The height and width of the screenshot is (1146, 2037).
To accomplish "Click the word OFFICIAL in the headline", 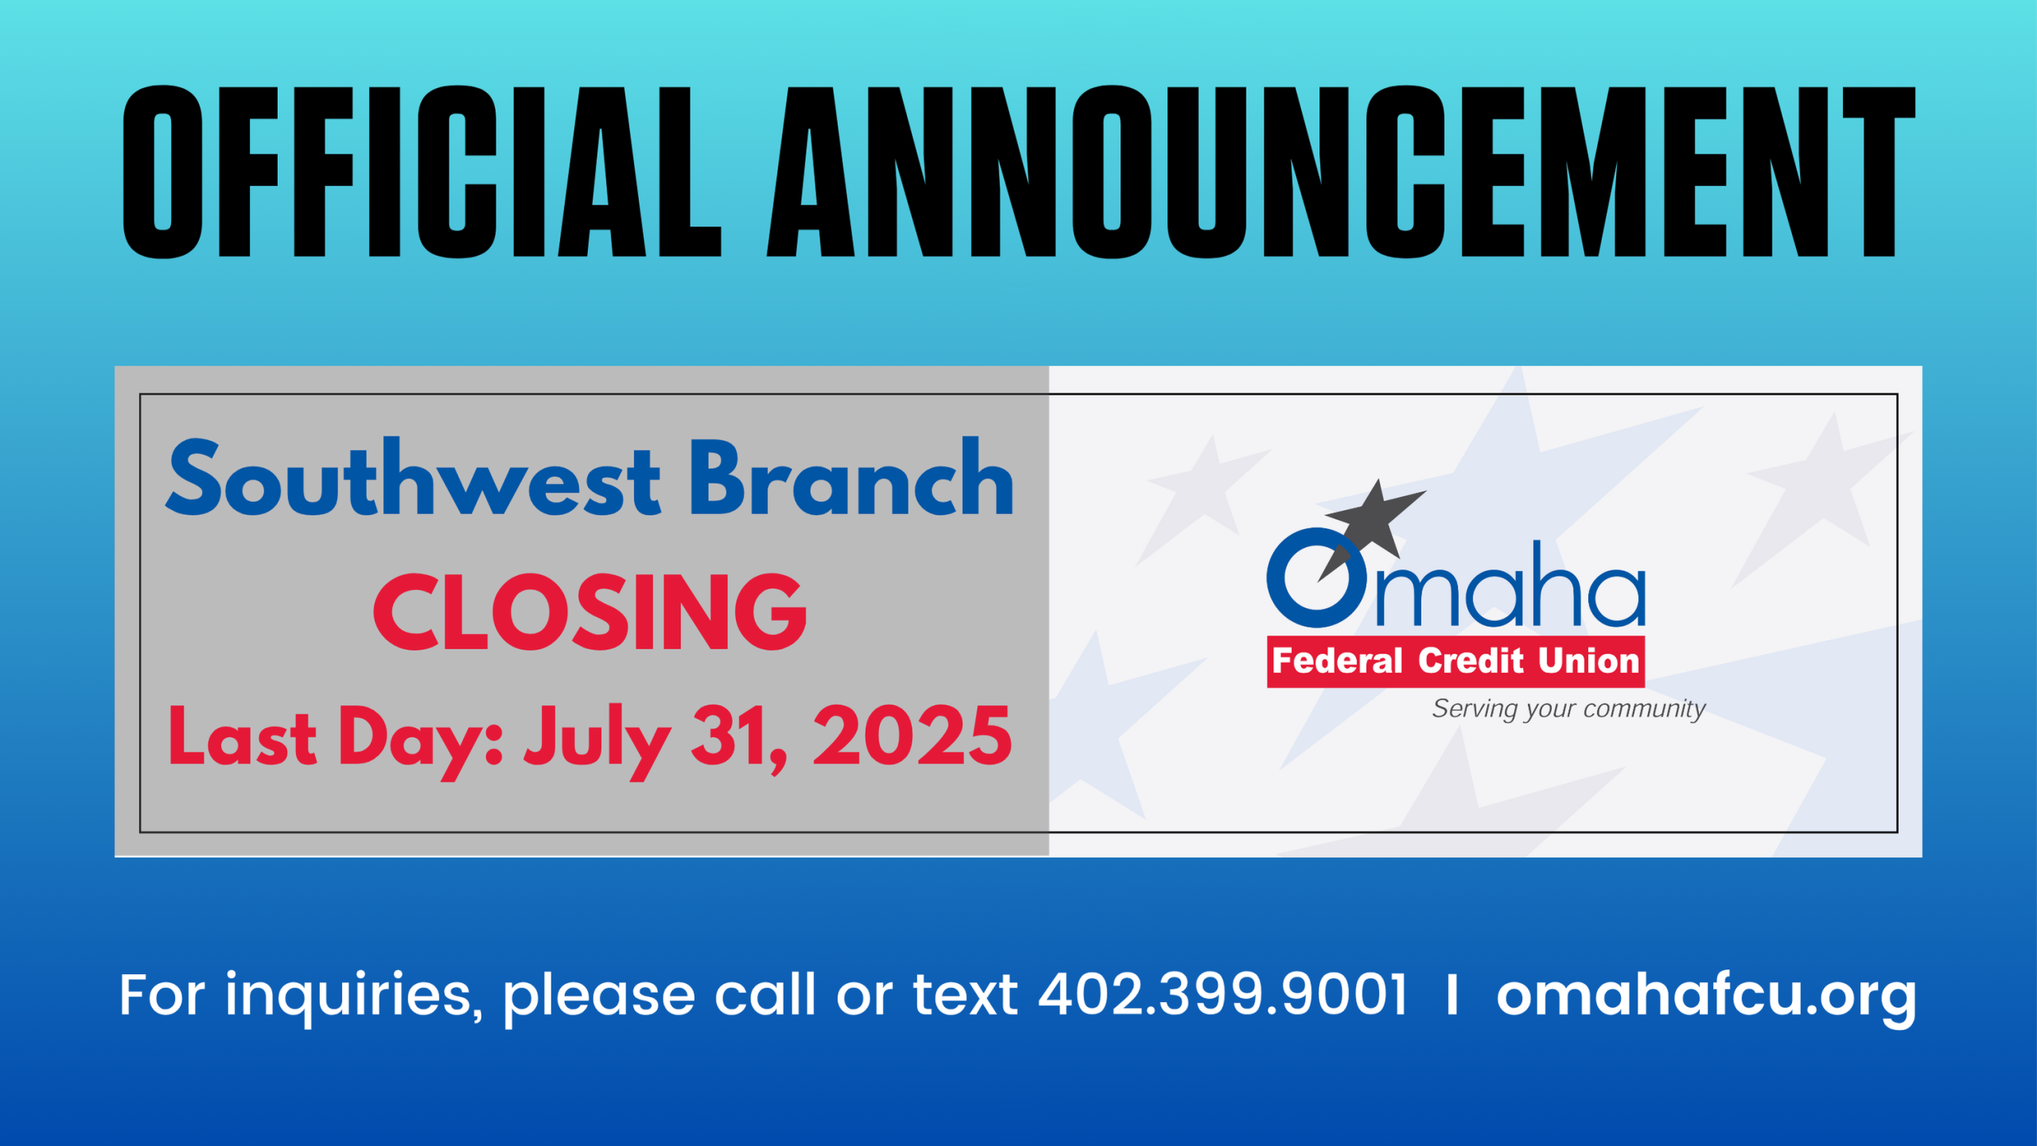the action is coord(422,172).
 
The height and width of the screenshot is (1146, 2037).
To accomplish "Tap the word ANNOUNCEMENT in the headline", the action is coord(1341,172).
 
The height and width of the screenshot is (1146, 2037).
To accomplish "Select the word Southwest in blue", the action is coord(413,477).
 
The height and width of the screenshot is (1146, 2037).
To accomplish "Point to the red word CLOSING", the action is coord(590,611).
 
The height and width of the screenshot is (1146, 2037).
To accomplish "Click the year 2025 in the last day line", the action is coord(912,737).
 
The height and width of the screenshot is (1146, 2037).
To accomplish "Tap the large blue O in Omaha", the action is coord(1317,577).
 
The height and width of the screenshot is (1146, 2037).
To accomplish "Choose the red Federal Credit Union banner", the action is coord(1455,661).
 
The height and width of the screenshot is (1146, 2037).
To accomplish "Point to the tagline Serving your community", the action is coord(1568,708).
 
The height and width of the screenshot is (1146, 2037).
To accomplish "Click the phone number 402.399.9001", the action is coord(1223,994).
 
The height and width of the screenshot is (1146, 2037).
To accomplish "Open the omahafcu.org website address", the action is coord(1707,996).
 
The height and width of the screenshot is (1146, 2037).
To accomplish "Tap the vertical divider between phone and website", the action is coord(1452,994).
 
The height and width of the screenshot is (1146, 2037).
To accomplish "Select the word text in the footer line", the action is coord(965,996).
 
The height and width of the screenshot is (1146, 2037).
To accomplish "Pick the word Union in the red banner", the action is coord(1588,661).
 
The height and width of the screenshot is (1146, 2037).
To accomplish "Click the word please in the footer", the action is coord(599,997).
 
